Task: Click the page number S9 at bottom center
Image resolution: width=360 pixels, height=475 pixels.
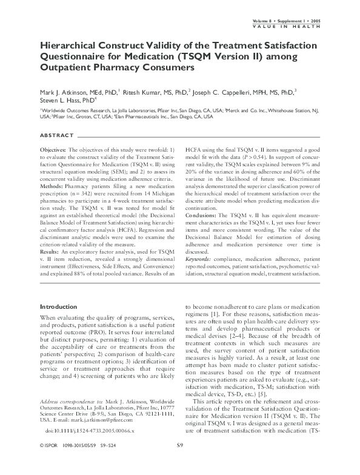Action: tap(179, 463)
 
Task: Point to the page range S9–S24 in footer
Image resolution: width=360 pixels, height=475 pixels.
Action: tap(110, 463)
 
